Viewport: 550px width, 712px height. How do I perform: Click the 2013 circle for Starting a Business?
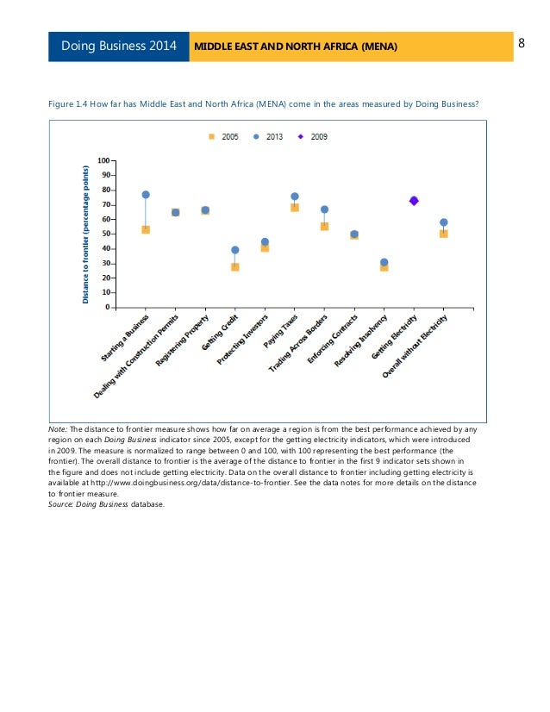(146, 195)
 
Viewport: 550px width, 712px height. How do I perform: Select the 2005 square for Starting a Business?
(146, 229)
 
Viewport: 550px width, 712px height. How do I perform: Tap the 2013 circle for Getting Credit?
(235, 250)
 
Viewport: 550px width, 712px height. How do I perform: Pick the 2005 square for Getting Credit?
(235, 267)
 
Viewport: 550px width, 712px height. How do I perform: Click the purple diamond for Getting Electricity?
(414, 201)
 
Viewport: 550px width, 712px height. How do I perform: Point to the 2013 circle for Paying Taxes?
(295, 197)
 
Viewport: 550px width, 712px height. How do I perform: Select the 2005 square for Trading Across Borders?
(324, 227)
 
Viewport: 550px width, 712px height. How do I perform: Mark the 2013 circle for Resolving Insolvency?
(384, 262)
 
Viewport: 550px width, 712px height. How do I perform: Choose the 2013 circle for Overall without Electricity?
(443, 222)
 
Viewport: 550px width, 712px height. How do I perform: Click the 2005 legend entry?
(225, 136)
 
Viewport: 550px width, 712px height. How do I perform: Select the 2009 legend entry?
(313, 136)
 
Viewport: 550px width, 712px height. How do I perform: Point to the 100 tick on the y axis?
(103, 160)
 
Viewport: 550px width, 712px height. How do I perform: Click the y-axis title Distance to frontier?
(86, 233)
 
